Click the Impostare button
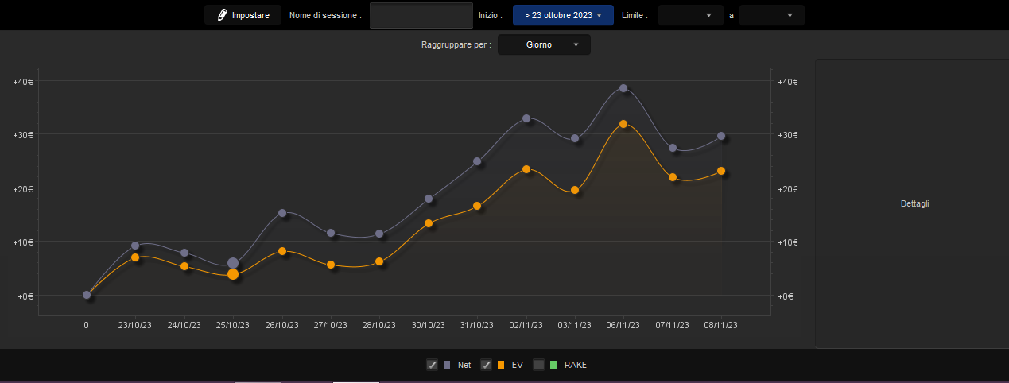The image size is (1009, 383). pyautogui.click(x=243, y=15)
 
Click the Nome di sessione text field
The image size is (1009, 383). pyautogui.click(x=421, y=15)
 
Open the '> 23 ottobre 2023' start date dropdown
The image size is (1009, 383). pyautogui.click(x=563, y=15)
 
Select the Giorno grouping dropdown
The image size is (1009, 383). pyautogui.click(x=544, y=44)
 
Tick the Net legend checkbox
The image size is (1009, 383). pyautogui.click(x=432, y=365)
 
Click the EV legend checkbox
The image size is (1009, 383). pyautogui.click(x=486, y=365)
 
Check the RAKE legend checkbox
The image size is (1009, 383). pyautogui.click(x=538, y=365)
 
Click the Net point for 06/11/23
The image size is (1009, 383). pyautogui.click(x=623, y=88)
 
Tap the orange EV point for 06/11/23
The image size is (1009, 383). pyautogui.click(x=623, y=124)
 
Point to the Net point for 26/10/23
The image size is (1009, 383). pyautogui.click(x=282, y=213)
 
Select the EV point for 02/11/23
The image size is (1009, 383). pyautogui.click(x=526, y=169)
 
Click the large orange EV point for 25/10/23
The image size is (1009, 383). pyautogui.click(x=233, y=274)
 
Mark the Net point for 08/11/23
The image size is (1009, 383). pyautogui.click(x=721, y=136)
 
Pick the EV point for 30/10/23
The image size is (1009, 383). pyautogui.click(x=429, y=223)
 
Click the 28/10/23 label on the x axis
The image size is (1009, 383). pyautogui.click(x=378, y=325)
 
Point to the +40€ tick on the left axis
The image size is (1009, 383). pyautogui.click(x=23, y=82)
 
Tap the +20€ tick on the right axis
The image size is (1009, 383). pyautogui.click(x=788, y=189)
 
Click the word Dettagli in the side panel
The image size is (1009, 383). pyautogui.click(x=915, y=204)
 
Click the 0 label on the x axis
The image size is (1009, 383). pyautogui.click(x=87, y=325)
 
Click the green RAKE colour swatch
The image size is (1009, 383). pyautogui.click(x=553, y=365)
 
